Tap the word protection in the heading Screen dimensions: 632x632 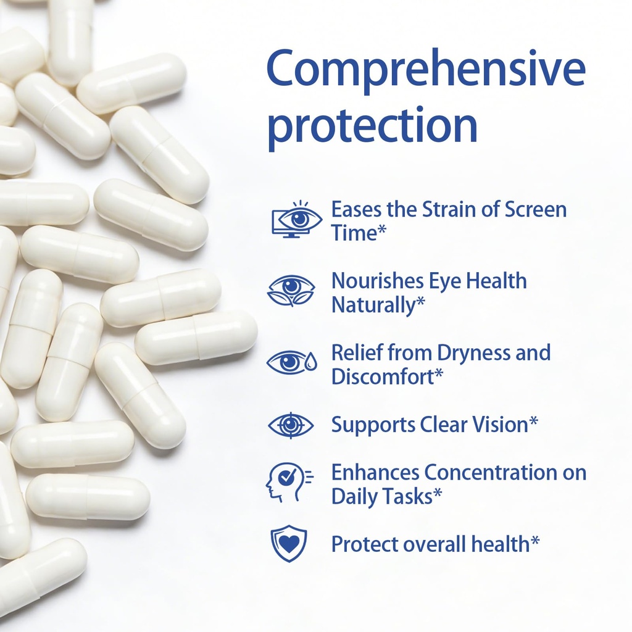tap(373, 125)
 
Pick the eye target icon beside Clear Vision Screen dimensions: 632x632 tap(291, 425)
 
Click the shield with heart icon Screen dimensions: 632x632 tap(289, 543)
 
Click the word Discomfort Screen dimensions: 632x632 tap(383, 376)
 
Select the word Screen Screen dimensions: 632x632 tap(535, 210)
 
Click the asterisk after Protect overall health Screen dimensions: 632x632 tap(535, 541)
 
